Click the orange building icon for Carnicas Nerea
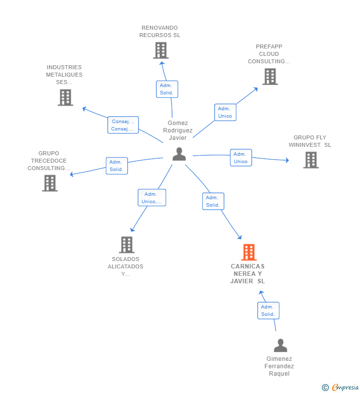(x=249, y=252)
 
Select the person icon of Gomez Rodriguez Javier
(x=179, y=154)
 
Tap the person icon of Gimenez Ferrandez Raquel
(x=280, y=346)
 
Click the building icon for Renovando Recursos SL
(x=161, y=50)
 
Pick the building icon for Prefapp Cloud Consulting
(x=270, y=77)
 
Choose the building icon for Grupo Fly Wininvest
(x=311, y=160)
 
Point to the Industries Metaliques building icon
(x=65, y=97)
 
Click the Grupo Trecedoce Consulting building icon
(x=50, y=183)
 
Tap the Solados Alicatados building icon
(x=127, y=245)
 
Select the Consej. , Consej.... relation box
(x=123, y=125)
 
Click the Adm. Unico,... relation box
(x=152, y=198)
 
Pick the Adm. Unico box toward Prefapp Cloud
(x=225, y=112)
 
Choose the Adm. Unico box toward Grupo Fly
(x=241, y=158)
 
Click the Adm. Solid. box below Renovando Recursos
(x=167, y=89)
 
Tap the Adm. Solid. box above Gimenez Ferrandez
(x=268, y=310)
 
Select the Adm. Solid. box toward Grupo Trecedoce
(x=117, y=166)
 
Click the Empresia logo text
(x=345, y=387)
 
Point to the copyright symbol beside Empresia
(x=325, y=388)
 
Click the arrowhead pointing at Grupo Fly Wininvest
(x=287, y=160)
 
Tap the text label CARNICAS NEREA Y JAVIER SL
(x=248, y=274)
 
